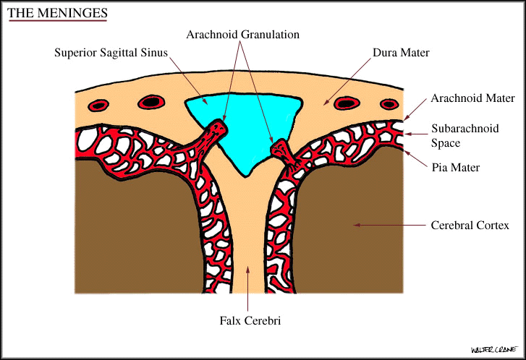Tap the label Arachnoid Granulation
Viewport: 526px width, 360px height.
[242, 34]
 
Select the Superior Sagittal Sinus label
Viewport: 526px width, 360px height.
[111, 53]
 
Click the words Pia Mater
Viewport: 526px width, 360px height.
[455, 168]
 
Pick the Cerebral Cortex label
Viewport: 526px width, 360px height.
[470, 226]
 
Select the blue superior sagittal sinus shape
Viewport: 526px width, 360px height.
[246, 123]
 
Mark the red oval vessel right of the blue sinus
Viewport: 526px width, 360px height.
[351, 103]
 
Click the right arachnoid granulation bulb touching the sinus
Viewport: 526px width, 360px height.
[280, 150]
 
